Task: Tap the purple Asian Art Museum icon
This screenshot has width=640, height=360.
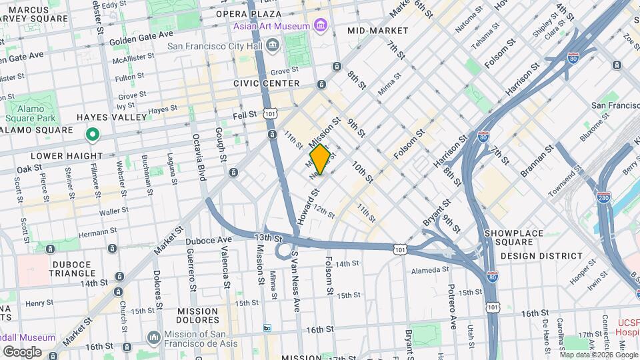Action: coord(321,26)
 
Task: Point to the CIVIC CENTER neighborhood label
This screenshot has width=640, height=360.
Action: coord(267,83)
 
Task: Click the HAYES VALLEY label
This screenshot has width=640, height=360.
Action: coord(111,117)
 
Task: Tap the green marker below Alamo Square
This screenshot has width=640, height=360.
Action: coord(93,135)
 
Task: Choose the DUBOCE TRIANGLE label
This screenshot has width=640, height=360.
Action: coord(70,269)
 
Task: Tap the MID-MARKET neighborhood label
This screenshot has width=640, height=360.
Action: coord(378,31)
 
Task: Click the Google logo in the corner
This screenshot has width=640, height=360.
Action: coord(22,351)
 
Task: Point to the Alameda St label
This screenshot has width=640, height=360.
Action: coord(430,270)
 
